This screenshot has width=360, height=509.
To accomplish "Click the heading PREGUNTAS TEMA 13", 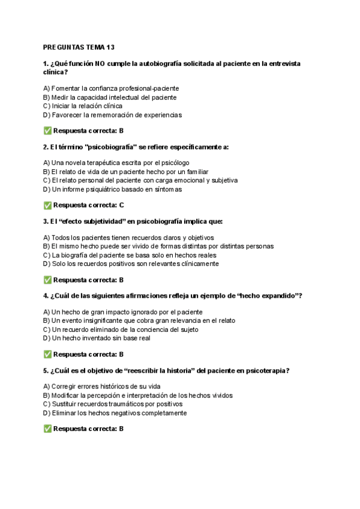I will pyautogui.click(x=79, y=47).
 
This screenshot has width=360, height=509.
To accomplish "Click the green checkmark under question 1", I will pyautogui.click(x=47, y=131).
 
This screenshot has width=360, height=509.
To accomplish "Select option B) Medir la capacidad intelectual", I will pyautogui.click(x=110, y=97).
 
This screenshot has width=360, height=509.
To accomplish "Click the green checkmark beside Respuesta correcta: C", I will pyautogui.click(x=47, y=205).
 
